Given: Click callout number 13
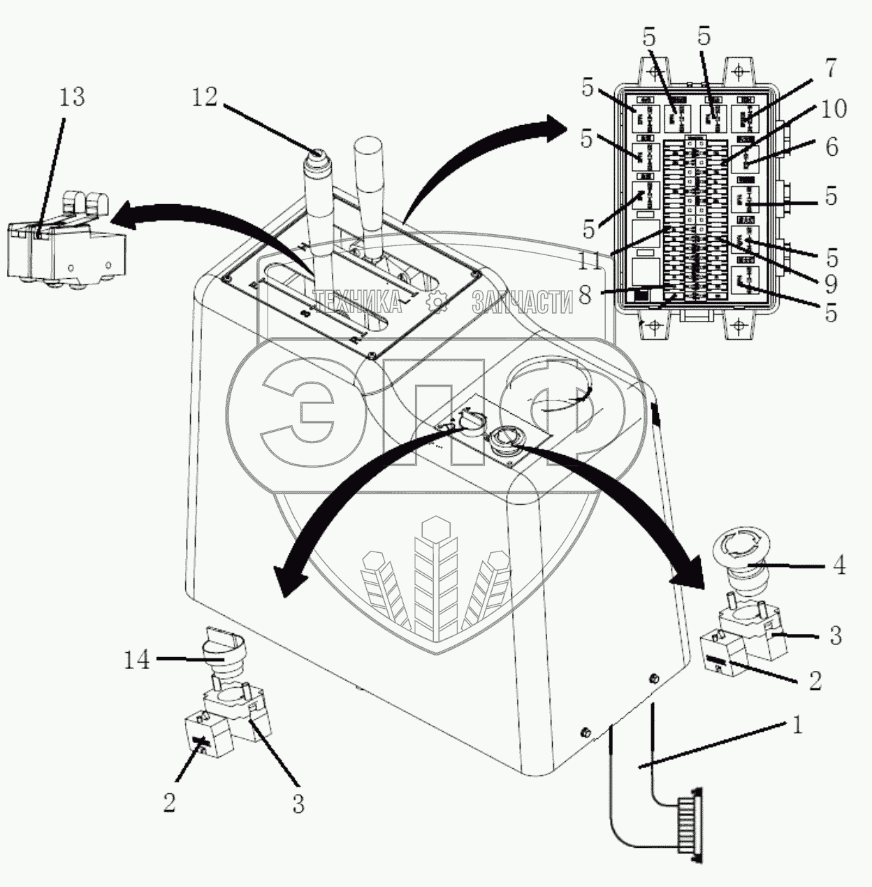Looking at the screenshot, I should click(71, 96).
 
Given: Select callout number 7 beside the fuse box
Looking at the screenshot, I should click(830, 69).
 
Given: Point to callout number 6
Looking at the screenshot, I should click(831, 147).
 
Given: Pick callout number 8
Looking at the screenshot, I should click(585, 294).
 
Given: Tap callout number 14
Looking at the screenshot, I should click(137, 659).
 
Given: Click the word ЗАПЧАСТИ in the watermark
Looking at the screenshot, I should click(522, 301).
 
